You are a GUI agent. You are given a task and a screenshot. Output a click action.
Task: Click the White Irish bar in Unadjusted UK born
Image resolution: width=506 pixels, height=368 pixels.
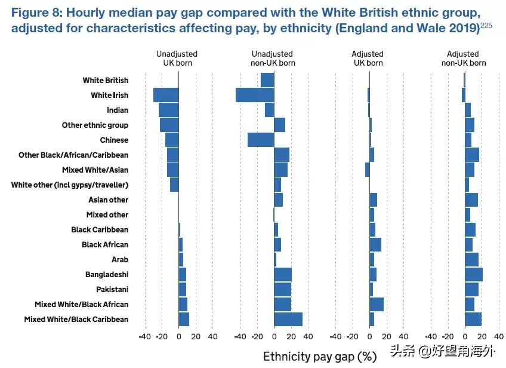[166, 95]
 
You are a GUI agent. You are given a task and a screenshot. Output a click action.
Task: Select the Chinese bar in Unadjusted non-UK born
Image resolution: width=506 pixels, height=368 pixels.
[261, 140]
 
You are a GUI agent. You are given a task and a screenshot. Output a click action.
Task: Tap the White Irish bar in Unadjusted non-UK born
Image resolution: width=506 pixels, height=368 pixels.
[255, 95]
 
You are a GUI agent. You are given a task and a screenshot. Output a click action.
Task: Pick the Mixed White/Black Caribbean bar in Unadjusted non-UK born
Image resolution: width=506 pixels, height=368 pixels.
[288, 319]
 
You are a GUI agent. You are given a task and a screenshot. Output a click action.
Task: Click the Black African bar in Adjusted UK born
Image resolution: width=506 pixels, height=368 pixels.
[375, 244]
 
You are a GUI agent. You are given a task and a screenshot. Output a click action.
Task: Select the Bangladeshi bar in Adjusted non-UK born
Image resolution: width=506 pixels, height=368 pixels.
[474, 274]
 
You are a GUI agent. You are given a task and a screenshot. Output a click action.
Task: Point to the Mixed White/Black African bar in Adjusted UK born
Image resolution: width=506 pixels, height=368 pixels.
[377, 304]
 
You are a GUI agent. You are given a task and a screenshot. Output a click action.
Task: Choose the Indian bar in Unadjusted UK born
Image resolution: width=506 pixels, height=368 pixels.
[168, 110]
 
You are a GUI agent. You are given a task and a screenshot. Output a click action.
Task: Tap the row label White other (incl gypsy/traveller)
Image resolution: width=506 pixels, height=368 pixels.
[70, 185]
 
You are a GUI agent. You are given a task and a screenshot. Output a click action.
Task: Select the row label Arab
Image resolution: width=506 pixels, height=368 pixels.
[120, 259]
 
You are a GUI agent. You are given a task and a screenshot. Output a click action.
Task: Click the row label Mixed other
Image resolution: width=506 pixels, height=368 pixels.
[107, 214]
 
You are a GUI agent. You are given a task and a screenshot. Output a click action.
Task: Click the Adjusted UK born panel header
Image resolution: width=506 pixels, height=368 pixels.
[368, 58]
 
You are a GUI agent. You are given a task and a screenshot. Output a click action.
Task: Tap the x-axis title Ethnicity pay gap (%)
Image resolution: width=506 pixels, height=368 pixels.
[320, 357]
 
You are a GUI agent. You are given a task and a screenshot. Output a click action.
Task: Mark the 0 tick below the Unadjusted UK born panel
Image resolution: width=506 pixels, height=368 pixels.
[178, 336]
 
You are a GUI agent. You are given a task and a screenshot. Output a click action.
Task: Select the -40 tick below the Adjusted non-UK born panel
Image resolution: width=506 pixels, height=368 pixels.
[431, 336]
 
